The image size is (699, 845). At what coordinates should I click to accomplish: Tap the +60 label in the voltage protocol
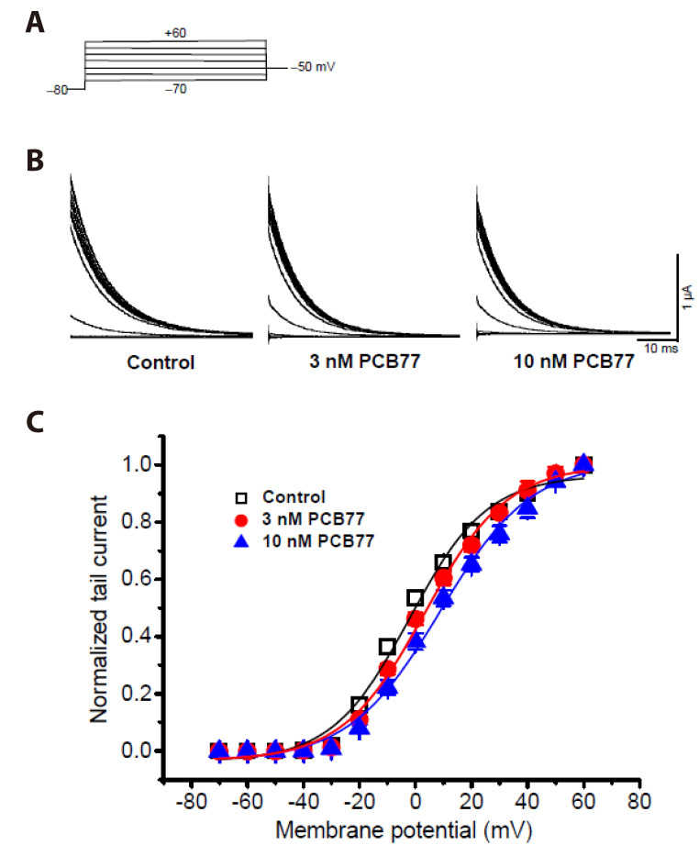176,33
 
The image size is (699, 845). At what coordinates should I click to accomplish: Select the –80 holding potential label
58,90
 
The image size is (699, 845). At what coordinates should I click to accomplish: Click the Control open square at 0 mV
415,597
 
